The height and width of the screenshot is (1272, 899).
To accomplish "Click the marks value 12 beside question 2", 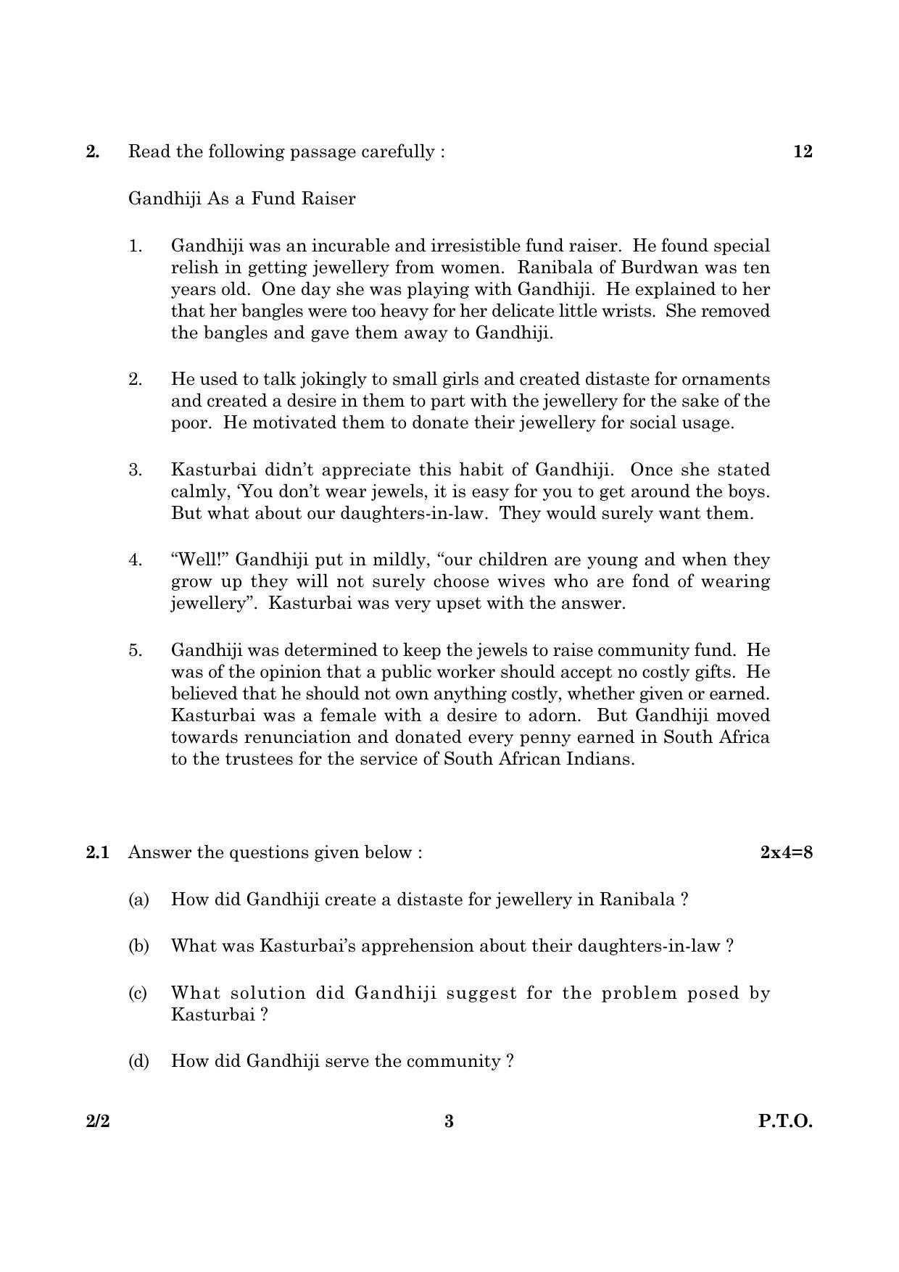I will tap(803, 151).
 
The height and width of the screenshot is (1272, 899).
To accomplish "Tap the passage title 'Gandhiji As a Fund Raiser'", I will tap(241, 199).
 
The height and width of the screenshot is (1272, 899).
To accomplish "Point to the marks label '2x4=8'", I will tap(786, 852).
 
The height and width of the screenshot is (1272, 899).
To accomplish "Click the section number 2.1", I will tap(97, 852).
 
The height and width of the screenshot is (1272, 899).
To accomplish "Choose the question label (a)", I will tap(138, 899).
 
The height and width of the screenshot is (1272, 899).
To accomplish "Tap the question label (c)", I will tap(138, 993).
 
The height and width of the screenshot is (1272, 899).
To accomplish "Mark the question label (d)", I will tap(138, 1061).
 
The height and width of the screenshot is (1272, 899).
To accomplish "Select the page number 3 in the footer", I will tap(449, 1121).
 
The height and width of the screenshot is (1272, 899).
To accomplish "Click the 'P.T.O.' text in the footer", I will tap(785, 1121).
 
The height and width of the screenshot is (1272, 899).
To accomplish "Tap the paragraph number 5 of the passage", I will tap(136, 650).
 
